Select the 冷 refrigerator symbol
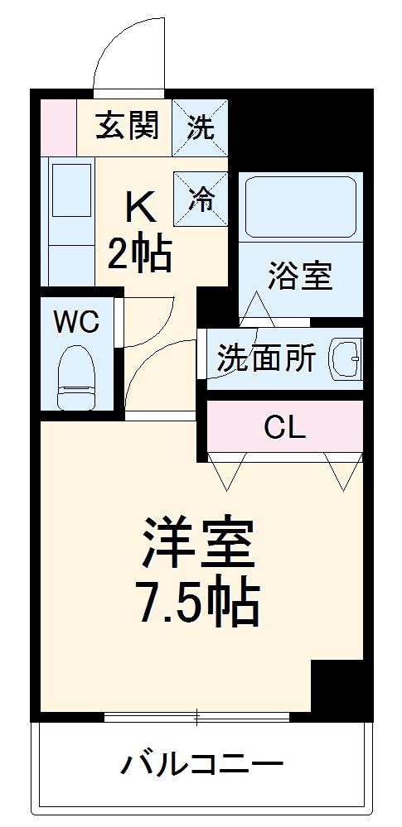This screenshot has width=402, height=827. (x=199, y=198)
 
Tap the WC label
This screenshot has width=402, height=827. (x=76, y=321)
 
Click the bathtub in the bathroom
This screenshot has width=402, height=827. (x=300, y=206)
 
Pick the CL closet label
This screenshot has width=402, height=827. (x=284, y=427)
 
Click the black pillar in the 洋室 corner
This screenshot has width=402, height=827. (x=337, y=685)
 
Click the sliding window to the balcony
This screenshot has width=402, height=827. (x=197, y=716)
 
